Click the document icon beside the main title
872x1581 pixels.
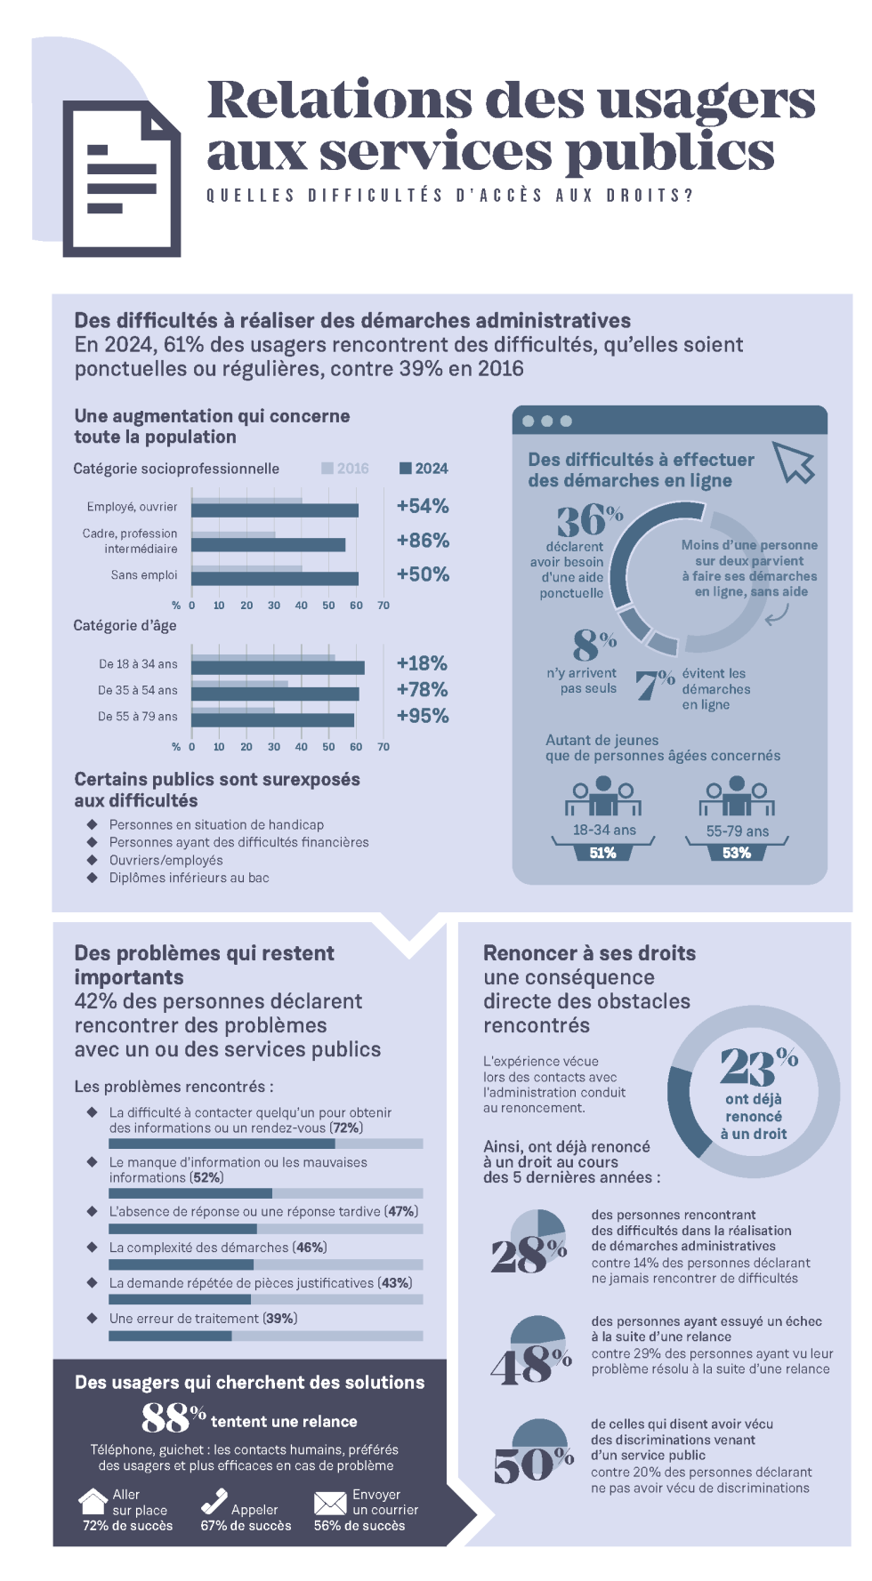[x=122, y=178]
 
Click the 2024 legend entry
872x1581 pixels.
[x=424, y=469]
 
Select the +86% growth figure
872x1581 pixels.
[x=423, y=541]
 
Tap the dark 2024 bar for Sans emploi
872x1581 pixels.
[x=274, y=579]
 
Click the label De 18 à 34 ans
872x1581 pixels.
[x=138, y=664]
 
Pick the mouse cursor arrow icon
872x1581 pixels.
[x=794, y=462]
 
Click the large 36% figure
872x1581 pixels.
[x=589, y=520]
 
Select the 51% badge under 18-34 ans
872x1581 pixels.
[x=602, y=853]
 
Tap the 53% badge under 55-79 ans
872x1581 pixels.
[x=736, y=853]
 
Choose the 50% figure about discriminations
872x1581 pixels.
[x=532, y=1465]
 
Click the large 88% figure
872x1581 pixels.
[x=173, y=1418]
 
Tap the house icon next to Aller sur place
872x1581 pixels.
[x=93, y=1502]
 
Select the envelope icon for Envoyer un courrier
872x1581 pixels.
[x=329, y=1503]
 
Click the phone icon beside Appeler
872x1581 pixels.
[x=214, y=1502]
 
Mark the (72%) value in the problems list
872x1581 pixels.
[x=347, y=1128]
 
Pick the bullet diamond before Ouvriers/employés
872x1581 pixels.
[x=92, y=860]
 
